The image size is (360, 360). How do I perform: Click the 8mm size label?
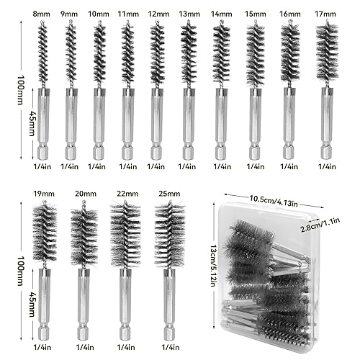pos(42,14)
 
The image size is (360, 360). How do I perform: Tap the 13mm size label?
pos(189,14)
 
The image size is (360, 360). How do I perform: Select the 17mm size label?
pos(325,14)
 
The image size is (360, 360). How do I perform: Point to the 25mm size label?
pos(169,194)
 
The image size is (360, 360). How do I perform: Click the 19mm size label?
pos(44,194)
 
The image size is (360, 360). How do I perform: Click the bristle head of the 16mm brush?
pos(290,53)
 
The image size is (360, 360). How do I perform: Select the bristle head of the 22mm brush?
pos(125,234)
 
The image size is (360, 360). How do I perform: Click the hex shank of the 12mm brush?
pos(157,124)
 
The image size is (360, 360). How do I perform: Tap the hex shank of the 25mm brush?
pos(170,305)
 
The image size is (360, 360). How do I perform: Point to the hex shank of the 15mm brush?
pos(256,124)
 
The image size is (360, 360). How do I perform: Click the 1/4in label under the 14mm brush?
pos(222,166)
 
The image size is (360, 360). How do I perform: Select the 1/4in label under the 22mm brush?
pos(126,347)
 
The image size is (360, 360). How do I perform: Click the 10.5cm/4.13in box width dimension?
pos(274,201)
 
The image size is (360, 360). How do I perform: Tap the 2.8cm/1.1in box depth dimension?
pos(320,225)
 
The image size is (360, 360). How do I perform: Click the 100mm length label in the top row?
pos(21,90)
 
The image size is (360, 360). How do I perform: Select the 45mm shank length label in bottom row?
pos(32,304)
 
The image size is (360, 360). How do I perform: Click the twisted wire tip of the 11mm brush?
pos(127,22)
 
